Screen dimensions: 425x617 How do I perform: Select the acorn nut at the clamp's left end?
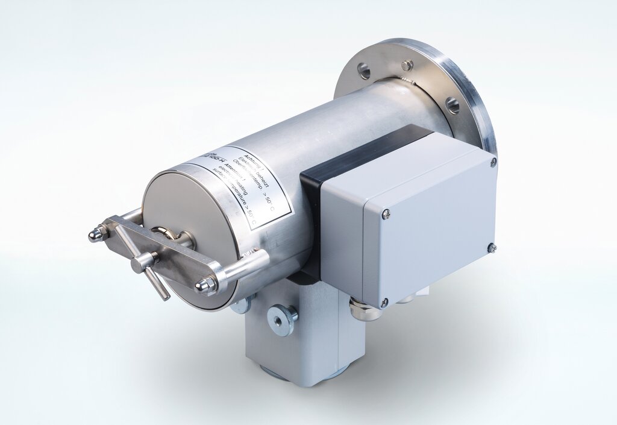pyautogui.click(x=97, y=233)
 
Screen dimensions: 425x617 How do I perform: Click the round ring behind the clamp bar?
pyautogui.click(x=163, y=236)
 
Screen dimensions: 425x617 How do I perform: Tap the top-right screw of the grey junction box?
pyautogui.click(x=493, y=162)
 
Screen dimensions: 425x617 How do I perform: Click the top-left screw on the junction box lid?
pyautogui.click(x=386, y=214)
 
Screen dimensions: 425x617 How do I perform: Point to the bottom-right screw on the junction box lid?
pyautogui.click(x=492, y=248)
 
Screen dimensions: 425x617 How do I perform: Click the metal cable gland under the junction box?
pyautogui.click(x=363, y=311)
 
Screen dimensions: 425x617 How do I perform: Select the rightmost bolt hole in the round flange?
pyautogui.click(x=453, y=105)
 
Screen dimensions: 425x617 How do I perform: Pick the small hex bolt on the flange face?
pyautogui.click(x=407, y=65)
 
